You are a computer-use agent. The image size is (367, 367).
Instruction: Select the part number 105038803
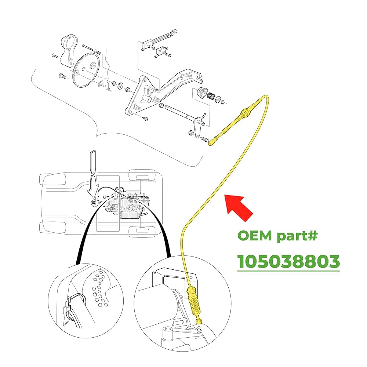click(288, 262)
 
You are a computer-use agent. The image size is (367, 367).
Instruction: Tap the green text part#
click(301, 236)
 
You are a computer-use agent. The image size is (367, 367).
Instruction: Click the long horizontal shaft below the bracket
click(180, 112)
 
